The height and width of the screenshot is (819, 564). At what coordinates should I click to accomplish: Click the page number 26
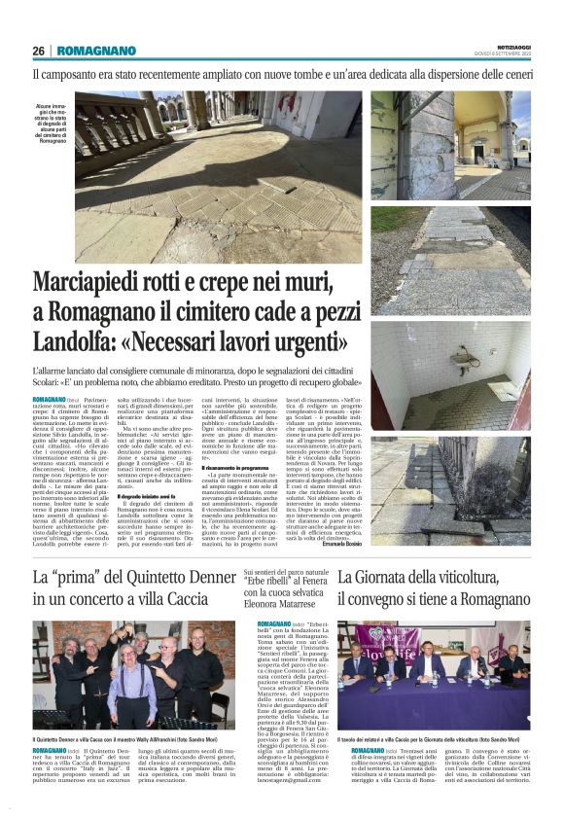click(x=38, y=52)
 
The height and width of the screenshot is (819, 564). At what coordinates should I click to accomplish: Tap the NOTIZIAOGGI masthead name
click(x=510, y=46)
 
